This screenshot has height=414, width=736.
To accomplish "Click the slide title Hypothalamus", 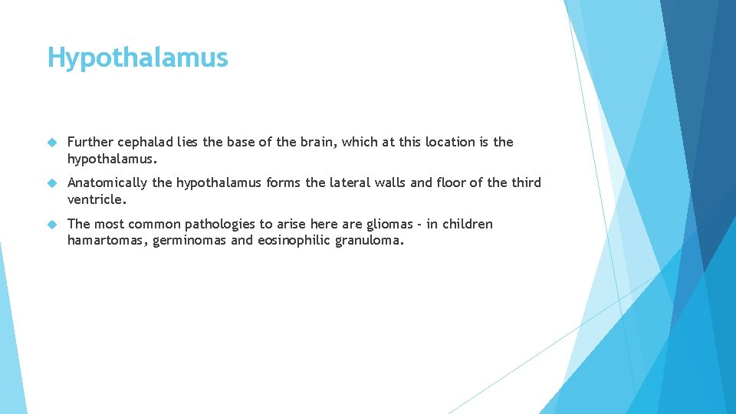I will coord(138,58).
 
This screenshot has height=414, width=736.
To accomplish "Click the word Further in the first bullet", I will coord(90,142).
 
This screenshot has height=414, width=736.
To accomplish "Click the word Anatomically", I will coord(108,182).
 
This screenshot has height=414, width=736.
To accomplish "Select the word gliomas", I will coord(391,224).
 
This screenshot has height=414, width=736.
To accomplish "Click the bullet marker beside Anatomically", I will coord(52,183).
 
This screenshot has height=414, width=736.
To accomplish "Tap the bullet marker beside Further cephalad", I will coord(52,143).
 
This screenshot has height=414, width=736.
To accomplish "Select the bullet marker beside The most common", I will coord(52,225).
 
